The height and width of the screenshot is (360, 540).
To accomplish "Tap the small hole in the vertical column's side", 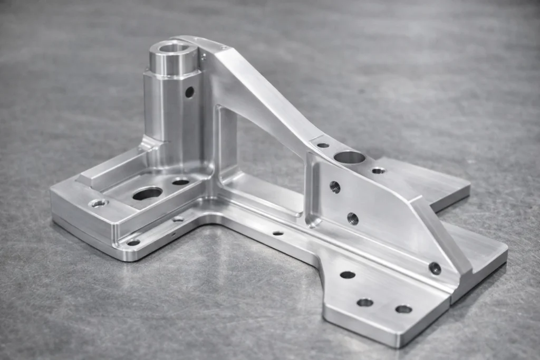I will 189,92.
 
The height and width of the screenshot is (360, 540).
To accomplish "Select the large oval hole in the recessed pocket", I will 148,193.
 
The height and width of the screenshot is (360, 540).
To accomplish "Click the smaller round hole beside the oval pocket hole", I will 180,182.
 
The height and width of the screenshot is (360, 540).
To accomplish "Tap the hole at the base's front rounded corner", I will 133,242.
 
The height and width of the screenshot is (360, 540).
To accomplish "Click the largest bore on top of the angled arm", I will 349,157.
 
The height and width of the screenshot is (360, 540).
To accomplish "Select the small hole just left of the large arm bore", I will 323,145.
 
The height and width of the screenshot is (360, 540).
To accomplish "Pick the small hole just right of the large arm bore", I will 378,170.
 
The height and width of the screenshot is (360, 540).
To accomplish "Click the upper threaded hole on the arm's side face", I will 335,187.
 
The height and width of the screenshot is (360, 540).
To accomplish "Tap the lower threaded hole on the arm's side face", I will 353,218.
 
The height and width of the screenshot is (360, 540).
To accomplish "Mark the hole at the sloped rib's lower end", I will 435,268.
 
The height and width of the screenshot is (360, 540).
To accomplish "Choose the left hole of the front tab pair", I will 365,302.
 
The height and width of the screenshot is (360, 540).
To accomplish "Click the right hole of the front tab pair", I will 403,309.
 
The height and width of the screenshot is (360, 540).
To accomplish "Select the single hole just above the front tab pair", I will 348,275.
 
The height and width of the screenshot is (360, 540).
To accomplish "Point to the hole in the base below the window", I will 278,233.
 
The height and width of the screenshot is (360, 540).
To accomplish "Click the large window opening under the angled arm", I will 264,158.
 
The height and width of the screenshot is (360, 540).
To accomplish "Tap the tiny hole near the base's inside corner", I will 178,219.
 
